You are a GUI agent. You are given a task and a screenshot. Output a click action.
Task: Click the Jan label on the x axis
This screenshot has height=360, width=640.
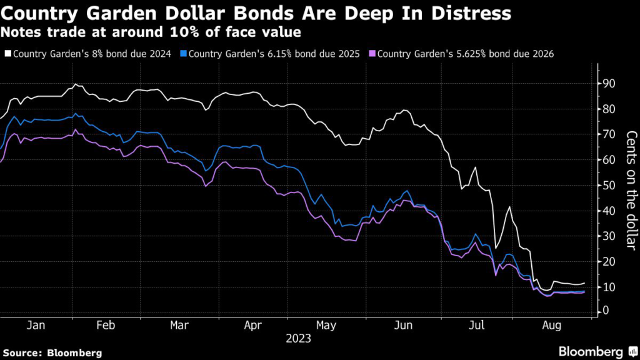click(x=36, y=326)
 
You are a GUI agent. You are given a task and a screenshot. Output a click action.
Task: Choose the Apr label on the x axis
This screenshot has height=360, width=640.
click(x=252, y=326)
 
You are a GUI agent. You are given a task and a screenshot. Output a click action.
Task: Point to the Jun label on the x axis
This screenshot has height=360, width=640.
click(x=404, y=326)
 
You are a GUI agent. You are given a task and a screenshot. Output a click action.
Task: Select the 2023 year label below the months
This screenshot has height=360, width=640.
click(x=297, y=339)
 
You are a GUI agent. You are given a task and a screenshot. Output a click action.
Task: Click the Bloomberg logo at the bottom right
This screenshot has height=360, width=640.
click(x=596, y=351)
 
